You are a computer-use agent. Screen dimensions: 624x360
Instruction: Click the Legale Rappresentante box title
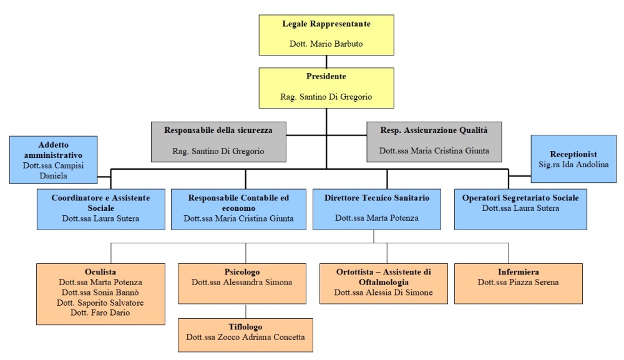[x=326, y=24]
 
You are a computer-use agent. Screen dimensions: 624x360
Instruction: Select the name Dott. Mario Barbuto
[x=326, y=44]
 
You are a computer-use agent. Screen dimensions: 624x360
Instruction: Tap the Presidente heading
[x=326, y=76]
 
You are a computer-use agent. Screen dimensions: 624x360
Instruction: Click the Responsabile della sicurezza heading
[x=218, y=130]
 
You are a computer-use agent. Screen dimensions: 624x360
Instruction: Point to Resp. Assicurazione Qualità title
[x=434, y=130]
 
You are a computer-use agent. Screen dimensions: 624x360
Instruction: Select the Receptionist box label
[x=573, y=154]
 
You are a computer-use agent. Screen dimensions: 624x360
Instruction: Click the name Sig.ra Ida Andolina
[x=573, y=164]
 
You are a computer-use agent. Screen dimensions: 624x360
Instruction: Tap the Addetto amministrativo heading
[x=53, y=150]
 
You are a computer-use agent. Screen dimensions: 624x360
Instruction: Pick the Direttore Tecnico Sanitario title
[x=377, y=198]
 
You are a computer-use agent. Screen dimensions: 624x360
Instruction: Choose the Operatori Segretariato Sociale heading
[x=520, y=198]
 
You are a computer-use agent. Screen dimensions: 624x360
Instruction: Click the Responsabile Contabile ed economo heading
[x=238, y=203]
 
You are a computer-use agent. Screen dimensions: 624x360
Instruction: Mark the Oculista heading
[x=100, y=271]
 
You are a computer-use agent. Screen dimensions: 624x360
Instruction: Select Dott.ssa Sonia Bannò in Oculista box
[x=100, y=293]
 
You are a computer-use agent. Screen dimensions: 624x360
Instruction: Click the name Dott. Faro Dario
[x=100, y=313]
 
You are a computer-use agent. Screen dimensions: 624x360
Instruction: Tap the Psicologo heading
[x=242, y=272]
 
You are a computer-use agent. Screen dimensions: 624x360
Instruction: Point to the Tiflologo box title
[x=245, y=327]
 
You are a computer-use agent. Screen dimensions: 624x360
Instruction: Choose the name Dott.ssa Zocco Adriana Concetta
[x=245, y=338]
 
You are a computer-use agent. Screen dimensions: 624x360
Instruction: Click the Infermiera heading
[x=518, y=271]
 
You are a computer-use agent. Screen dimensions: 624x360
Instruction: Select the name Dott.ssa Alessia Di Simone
[x=383, y=293]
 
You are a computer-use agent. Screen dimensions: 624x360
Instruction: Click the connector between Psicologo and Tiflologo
[x=245, y=311]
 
